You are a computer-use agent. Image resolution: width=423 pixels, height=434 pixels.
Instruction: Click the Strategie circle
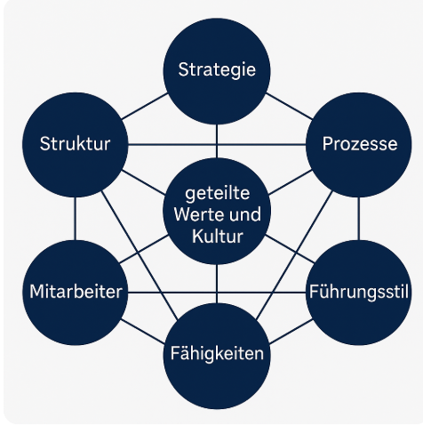click(217, 71)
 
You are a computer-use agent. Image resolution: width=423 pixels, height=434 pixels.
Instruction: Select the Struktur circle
click(76, 145)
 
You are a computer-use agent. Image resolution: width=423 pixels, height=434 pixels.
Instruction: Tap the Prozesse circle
click(359, 145)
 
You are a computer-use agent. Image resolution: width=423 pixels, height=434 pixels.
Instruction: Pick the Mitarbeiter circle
click(76, 293)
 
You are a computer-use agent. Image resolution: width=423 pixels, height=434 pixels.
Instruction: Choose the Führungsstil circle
click(359, 293)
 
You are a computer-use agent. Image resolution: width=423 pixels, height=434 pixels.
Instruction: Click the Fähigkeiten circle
click(217, 356)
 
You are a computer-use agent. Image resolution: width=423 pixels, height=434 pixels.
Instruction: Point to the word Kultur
click(218, 237)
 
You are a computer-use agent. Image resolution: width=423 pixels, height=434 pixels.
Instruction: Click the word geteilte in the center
click(218, 194)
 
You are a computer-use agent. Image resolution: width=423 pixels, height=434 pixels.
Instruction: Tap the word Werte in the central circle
click(194, 214)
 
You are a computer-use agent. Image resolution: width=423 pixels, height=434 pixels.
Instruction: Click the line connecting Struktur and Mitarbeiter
click(76, 219)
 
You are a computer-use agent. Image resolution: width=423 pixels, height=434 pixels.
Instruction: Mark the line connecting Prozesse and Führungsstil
click(359, 219)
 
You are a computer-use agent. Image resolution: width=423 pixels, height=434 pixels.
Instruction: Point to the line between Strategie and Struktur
click(145, 106)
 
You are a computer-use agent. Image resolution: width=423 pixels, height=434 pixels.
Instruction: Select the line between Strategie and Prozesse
click(289, 106)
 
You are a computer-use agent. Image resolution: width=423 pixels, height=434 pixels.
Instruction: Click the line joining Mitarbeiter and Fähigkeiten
click(142, 332)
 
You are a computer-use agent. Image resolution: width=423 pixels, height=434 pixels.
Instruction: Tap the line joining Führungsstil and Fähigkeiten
click(291, 332)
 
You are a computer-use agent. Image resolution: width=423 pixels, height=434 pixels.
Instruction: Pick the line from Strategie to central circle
click(217, 141)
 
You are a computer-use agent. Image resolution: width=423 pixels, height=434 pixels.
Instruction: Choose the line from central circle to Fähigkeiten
click(217, 284)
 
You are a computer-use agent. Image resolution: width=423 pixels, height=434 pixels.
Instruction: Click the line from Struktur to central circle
click(143, 182)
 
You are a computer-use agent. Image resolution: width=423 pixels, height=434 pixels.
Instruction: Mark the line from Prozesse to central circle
click(291, 182)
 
